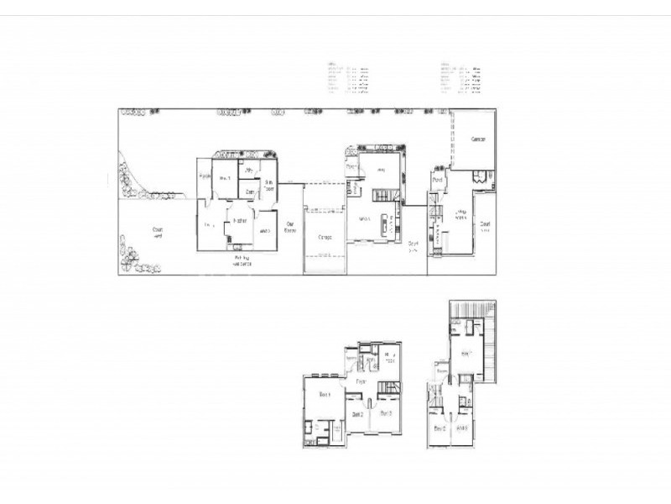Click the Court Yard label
[157, 231]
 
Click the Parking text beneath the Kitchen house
[243, 260]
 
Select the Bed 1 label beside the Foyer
[325, 394]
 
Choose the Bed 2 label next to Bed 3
[357, 414]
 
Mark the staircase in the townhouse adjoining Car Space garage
[382, 196]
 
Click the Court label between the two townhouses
[413, 246]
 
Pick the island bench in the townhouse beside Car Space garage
[387, 225]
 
